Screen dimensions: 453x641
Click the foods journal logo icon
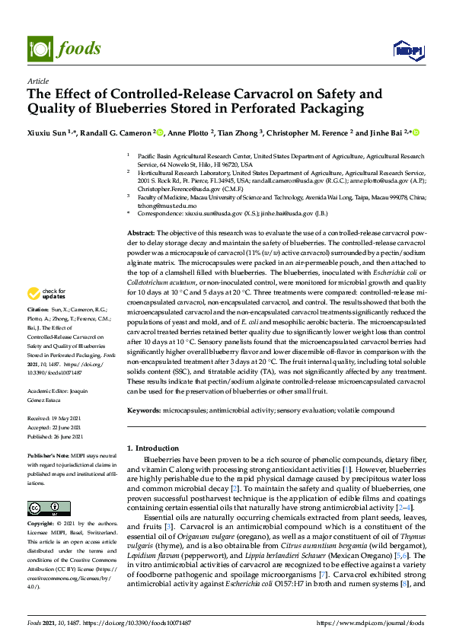[x=38, y=48]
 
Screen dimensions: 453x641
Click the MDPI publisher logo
[x=407, y=50]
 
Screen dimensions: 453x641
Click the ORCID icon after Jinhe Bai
[x=416, y=132]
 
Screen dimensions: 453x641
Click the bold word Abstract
[x=141, y=232]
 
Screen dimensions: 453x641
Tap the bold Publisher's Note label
[x=47, y=454]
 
